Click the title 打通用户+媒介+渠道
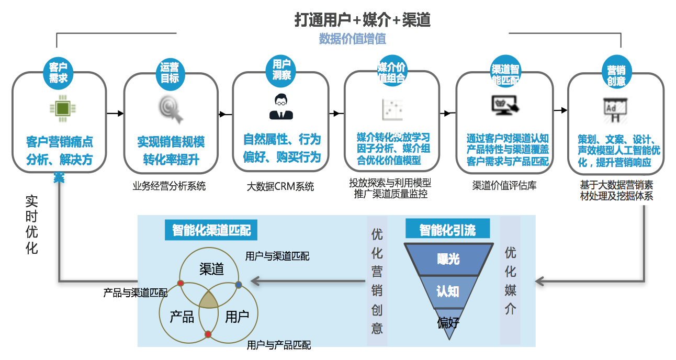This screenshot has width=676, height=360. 362,19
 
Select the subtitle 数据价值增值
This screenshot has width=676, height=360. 352,39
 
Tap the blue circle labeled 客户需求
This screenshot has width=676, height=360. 58,73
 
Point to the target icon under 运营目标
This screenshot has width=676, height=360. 171,109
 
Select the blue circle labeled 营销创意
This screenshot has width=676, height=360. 616,75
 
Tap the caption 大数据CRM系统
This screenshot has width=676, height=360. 280,186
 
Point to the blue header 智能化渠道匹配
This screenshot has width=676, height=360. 211,230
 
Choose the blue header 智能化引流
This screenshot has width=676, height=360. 447,229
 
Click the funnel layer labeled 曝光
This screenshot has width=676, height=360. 448,258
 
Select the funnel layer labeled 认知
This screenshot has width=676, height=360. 448,290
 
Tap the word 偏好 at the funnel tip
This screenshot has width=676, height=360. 448,322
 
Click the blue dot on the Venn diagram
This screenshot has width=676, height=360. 239,285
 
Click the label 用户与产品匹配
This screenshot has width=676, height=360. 279,345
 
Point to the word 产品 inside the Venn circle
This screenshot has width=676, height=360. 182,317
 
